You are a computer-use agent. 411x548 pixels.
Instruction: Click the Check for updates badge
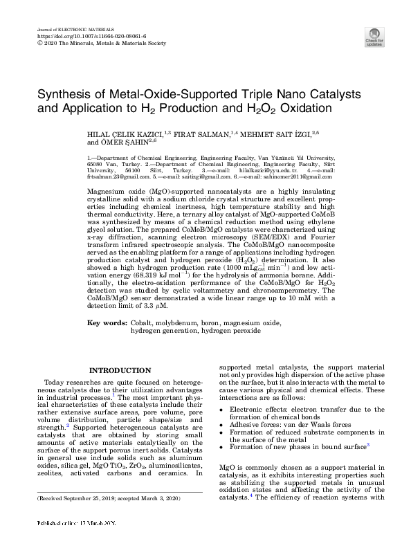pos(374,37)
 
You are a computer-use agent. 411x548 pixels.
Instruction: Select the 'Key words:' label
pos(107,323)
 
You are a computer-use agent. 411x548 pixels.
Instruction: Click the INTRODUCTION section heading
pos(120,371)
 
